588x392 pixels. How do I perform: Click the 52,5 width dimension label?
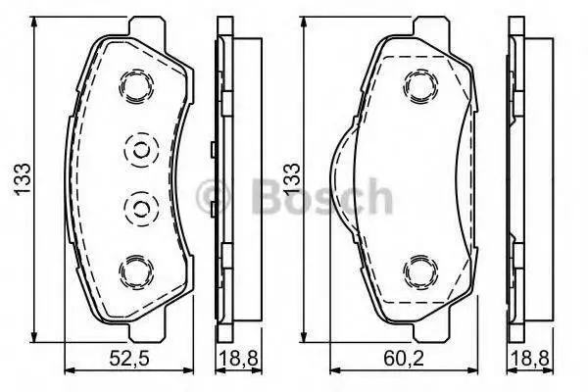(129, 359)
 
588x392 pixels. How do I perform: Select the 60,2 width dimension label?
(404, 359)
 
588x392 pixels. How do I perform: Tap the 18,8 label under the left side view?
(238, 359)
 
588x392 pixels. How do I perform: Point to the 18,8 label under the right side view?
(529, 359)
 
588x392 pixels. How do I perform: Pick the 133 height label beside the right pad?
(292, 178)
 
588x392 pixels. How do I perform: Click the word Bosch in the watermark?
(321, 196)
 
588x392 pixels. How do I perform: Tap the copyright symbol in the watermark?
(213, 197)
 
